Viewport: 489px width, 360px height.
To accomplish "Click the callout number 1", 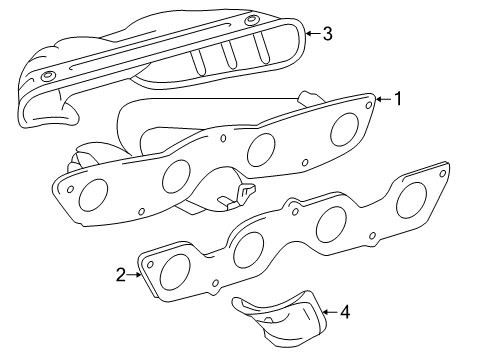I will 397,98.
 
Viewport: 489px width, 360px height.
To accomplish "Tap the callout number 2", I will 121,275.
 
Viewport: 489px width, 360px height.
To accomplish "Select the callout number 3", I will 326,33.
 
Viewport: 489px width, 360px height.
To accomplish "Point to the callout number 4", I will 344,312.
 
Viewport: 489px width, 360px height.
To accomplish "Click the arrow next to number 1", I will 382,99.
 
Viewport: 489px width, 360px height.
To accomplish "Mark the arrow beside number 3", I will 311,33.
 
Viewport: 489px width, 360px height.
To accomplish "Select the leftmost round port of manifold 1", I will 97,192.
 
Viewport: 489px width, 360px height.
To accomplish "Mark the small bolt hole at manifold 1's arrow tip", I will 369,102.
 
